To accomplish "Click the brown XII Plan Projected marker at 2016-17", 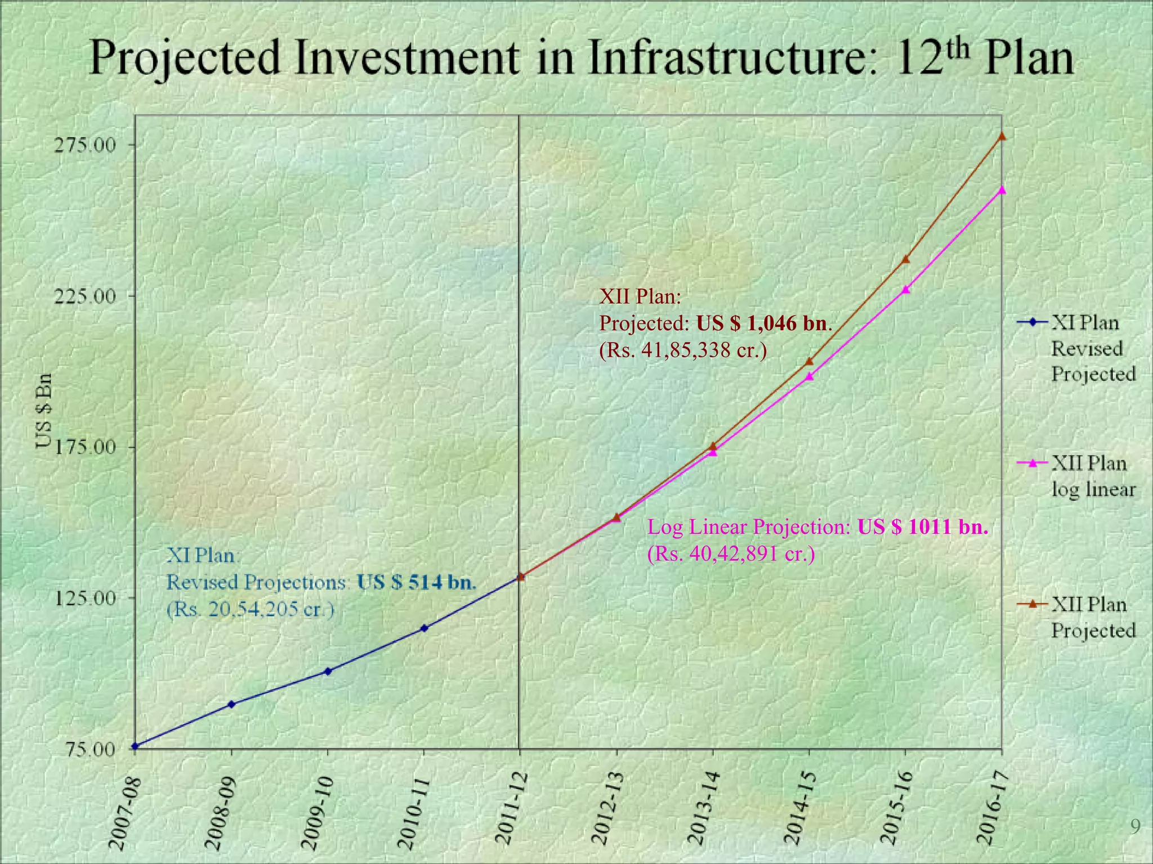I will pyautogui.click(x=1002, y=136).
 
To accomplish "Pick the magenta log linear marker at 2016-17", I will pyautogui.click(x=1002, y=190).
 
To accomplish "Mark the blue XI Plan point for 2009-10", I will pyautogui.click(x=328, y=671).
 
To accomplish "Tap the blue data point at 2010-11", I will pyautogui.click(x=424, y=628).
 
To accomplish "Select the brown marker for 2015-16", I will pyautogui.click(x=905, y=260).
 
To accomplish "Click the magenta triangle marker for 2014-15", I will pyautogui.click(x=809, y=376).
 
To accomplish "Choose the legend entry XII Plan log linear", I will pyautogui.click(x=1092, y=476).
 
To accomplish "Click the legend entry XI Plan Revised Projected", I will pyautogui.click(x=1092, y=348).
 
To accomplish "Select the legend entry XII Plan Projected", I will pyautogui.click(x=1092, y=617).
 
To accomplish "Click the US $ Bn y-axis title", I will pyautogui.click(x=45, y=411).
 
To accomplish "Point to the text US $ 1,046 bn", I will pyautogui.click(x=763, y=323).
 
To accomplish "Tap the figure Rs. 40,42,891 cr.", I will pyautogui.click(x=731, y=554).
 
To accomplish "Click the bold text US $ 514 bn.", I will pyautogui.click(x=416, y=582).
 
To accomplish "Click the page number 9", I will pyautogui.click(x=1135, y=826).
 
